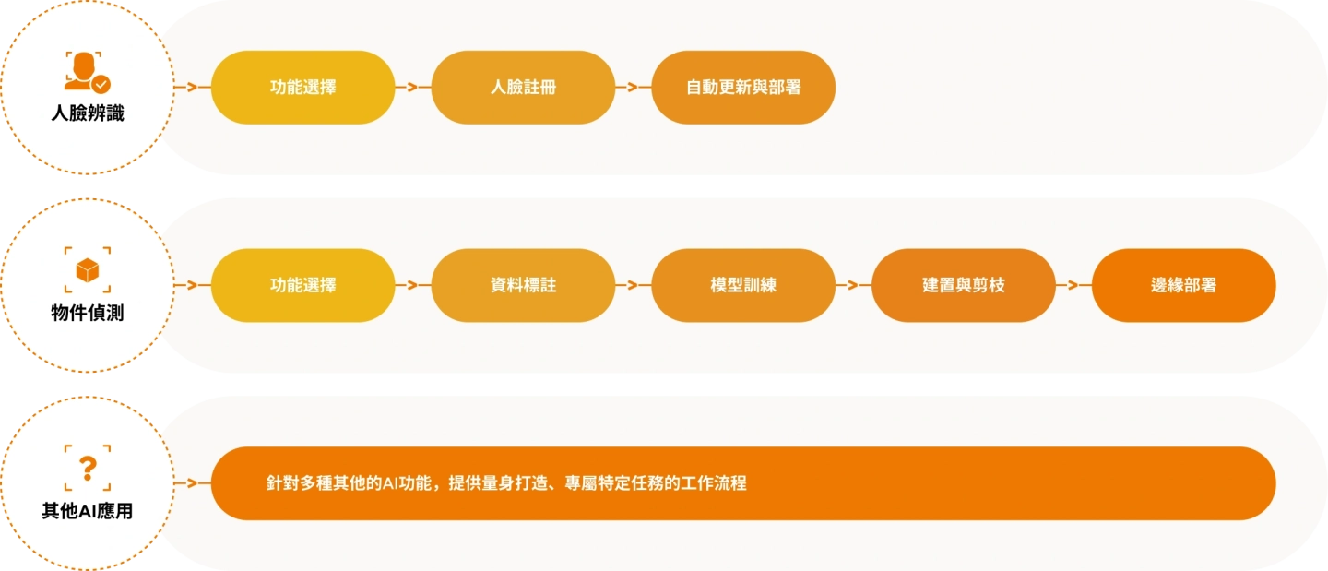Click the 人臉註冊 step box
pos(523,88)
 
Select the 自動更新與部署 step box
pos(743,88)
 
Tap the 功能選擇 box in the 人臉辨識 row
pos(302,88)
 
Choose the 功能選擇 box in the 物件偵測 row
pos(302,285)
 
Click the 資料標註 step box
pos(523,285)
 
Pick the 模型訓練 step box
pos(743,285)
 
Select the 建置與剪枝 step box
pos(964,285)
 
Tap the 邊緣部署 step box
pos(1183,285)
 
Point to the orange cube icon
pos(88,269)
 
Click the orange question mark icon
pos(88,468)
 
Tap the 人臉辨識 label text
pos(88,115)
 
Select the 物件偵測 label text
pos(88,313)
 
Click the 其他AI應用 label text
pos(88,511)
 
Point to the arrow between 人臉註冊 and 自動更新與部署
pos(633,88)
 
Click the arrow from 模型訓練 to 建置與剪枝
pos(853,285)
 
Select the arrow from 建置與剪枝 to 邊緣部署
pos(1073,285)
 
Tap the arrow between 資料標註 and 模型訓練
pos(633,285)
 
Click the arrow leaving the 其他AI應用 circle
pos(192,483)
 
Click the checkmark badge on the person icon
pos(101,84)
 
